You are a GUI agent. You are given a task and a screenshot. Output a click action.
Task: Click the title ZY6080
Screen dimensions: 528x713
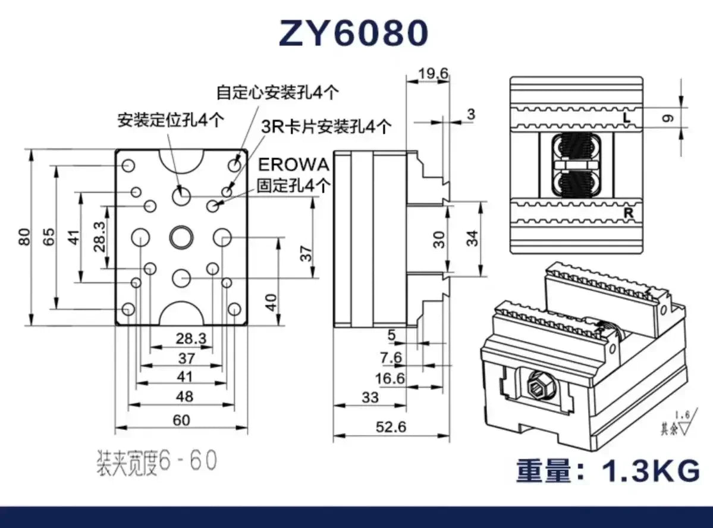tap(353, 34)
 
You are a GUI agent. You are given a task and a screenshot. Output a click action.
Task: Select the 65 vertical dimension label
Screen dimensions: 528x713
tap(50, 237)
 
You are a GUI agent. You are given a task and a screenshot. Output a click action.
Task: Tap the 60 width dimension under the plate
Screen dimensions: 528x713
tap(181, 420)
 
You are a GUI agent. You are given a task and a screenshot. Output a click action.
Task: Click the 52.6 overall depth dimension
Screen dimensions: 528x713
tap(391, 428)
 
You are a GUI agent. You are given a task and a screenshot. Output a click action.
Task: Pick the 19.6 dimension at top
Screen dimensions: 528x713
tap(433, 73)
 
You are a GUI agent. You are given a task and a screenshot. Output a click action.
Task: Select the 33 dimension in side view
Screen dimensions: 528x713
tap(370, 397)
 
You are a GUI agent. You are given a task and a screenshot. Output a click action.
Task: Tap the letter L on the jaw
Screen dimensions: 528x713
tap(626, 118)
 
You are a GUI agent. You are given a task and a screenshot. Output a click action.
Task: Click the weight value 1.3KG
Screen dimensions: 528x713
tap(651, 472)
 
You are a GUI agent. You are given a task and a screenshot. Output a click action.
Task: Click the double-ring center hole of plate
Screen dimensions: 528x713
tap(181, 237)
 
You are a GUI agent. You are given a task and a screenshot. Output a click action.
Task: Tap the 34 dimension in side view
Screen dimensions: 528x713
tap(472, 238)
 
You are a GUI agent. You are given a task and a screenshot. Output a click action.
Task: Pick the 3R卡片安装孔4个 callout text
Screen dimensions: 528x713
tap(326, 126)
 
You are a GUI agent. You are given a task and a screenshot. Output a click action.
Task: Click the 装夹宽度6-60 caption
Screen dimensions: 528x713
tap(157, 462)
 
